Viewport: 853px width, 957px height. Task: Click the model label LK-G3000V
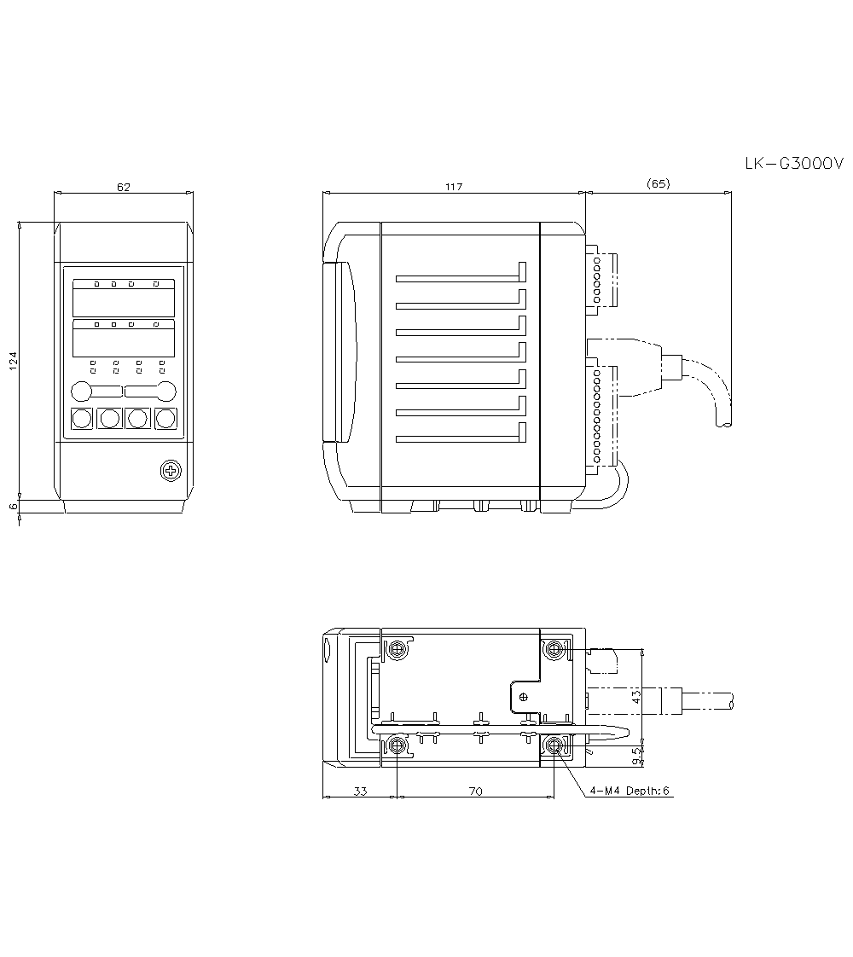point(793,164)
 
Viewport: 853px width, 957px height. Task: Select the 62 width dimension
point(124,187)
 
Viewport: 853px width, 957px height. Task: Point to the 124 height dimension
point(13,360)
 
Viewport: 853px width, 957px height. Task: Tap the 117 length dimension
point(453,187)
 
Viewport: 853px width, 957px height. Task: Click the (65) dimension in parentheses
point(658,183)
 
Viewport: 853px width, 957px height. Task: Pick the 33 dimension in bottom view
point(360,792)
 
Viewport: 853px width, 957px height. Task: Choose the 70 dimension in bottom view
point(475,792)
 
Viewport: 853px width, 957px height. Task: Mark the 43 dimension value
point(636,697)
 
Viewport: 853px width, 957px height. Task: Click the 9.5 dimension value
point(636,755)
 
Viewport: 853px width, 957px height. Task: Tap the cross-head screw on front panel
point(171,469)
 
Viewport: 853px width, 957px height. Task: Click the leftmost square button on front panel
point(82,419)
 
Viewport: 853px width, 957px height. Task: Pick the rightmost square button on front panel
point(165,419)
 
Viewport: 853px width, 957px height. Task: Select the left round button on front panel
point(81,391)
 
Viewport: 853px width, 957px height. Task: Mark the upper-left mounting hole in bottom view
point(397,650)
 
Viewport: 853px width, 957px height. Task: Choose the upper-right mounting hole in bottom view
point(556,650)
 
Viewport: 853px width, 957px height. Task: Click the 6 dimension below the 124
point(13,506)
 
